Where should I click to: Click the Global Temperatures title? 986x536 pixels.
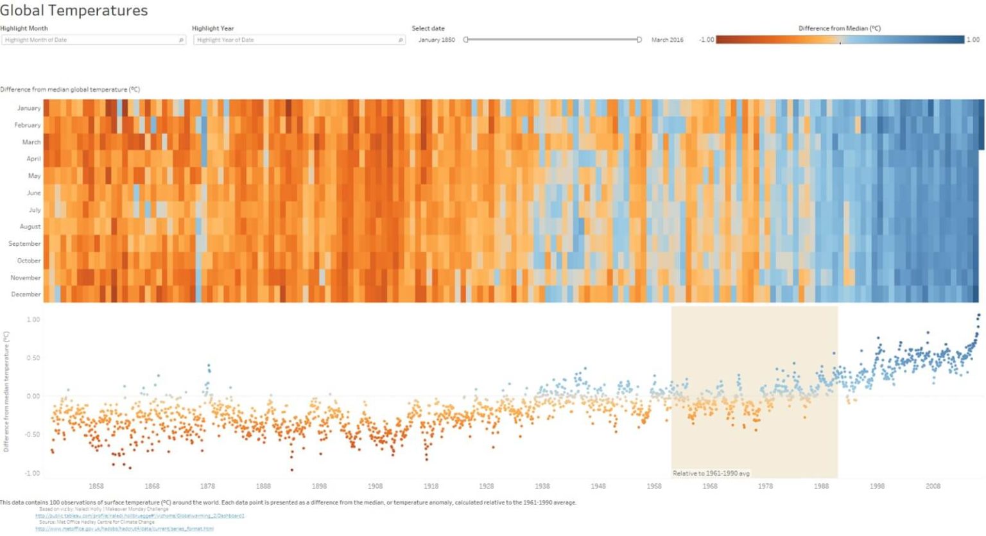(x=74, y=11)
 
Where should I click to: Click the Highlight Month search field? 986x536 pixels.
(x=93, y=40)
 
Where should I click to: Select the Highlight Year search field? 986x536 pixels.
(x=298, y=40)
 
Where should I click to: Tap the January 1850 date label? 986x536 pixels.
(x=437, y=40)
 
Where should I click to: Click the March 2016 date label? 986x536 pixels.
(x=667, y=40)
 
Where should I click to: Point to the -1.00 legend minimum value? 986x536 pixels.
(x=706, y=40)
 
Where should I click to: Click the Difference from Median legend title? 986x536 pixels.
(x=839, y=28)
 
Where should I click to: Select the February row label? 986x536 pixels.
(x=28, y=125)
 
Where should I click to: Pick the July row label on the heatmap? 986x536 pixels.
(x=35, y=210)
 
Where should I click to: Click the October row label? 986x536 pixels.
(x=29, y=261)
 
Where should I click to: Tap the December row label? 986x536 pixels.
(x=26, y=294)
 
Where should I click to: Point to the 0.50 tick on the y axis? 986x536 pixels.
(x=33, y=358)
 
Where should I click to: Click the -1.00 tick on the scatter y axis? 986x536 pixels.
(x=32, y=473)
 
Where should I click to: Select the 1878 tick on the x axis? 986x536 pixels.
(x=207, y=486)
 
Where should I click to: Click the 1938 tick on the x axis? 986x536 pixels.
(x=542, y=486)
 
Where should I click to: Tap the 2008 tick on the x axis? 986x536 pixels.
(x=933, y=486)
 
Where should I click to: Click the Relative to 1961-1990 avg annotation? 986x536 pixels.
(x=711, y=473)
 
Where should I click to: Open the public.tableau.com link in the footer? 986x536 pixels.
(x=140, y=515)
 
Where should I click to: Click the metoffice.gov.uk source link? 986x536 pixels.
(x=125, y=529)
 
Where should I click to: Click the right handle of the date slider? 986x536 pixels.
(x=639, y=40)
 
